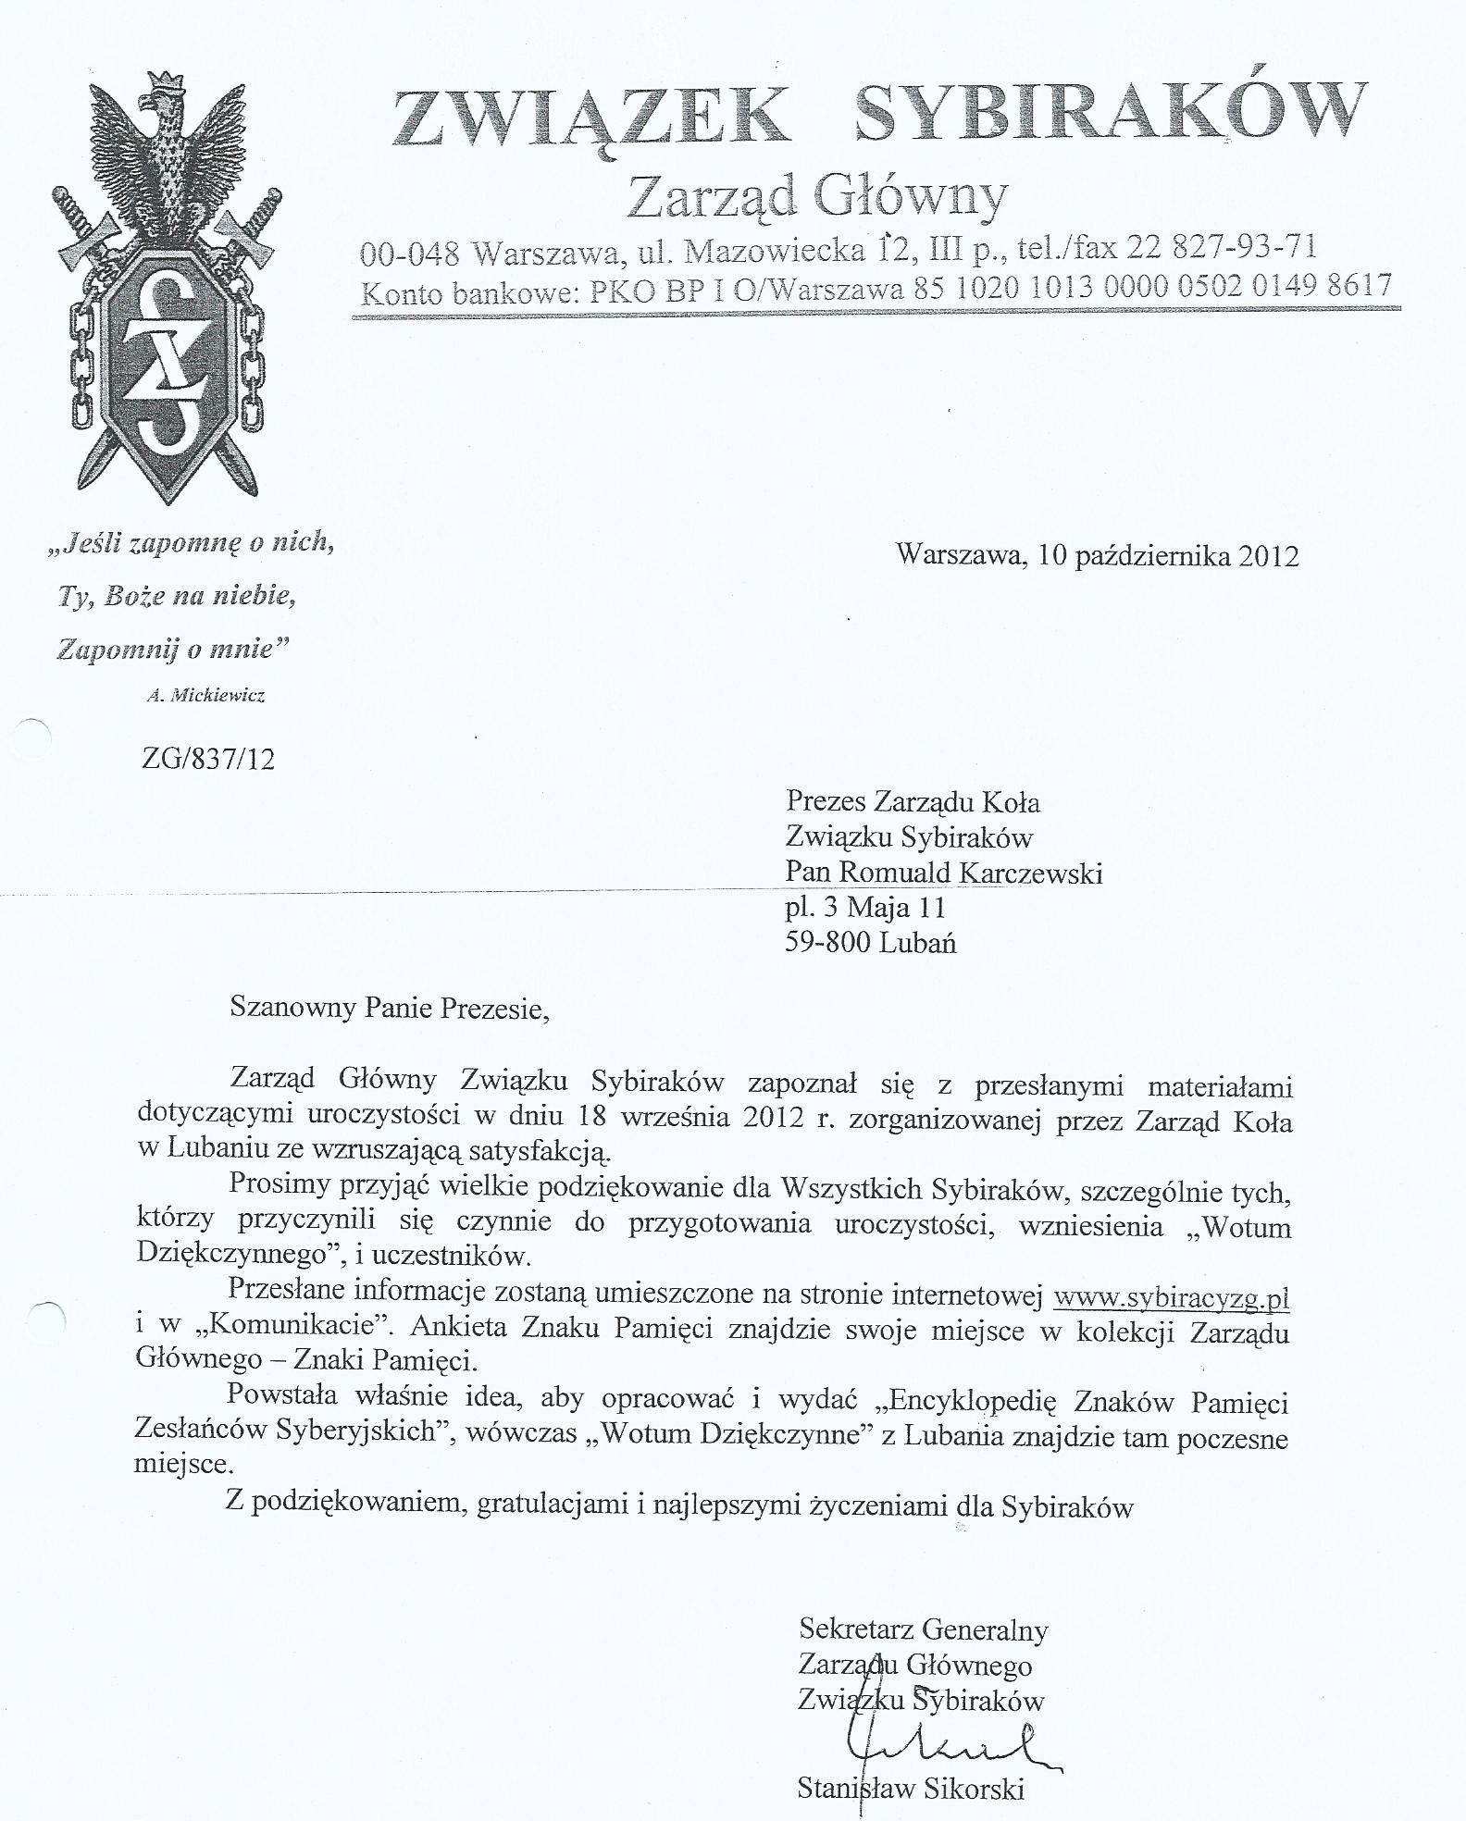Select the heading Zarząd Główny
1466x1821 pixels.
(817, 195)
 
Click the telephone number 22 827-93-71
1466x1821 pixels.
(1221, 248)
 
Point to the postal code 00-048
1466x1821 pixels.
(409, 253)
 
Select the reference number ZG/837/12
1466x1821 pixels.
(208, 760)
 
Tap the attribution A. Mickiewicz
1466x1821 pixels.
(205, 696)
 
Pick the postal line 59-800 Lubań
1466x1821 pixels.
(870, 943)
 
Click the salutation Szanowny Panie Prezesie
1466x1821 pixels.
(389, 1007)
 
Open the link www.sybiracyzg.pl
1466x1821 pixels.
(1172, 1297)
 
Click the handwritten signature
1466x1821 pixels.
(944, 1741)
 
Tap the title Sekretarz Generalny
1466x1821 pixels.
(924, 1629)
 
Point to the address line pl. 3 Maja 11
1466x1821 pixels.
(865, 907)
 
